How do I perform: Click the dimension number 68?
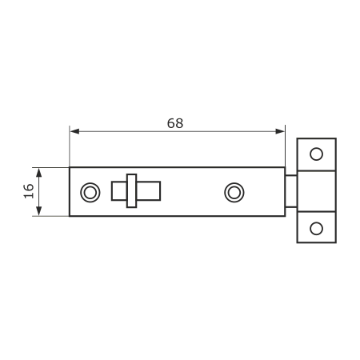point(175,123)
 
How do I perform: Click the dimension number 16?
point(29,191)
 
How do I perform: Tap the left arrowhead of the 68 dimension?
point(74,131)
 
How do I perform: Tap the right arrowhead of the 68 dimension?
point(280,131)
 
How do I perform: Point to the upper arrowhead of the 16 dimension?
point(39,173)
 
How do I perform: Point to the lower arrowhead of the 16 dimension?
point(39,211)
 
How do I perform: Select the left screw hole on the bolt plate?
point(90,192)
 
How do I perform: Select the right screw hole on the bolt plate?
point(234,192)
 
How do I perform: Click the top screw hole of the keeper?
point(316,154)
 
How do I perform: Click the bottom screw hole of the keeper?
point(316,229)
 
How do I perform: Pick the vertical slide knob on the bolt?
point(132,190)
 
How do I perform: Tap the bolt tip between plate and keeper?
point(291,191)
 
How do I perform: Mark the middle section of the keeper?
point(316,191)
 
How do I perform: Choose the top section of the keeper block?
point(316,154)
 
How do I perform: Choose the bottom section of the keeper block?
point(316,227)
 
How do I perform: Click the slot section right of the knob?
point(149,191)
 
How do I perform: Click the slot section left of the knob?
point(119,191)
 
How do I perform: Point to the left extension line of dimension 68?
point(70,146)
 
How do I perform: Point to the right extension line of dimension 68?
point(285,146)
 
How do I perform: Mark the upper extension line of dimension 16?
point(50,167)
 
